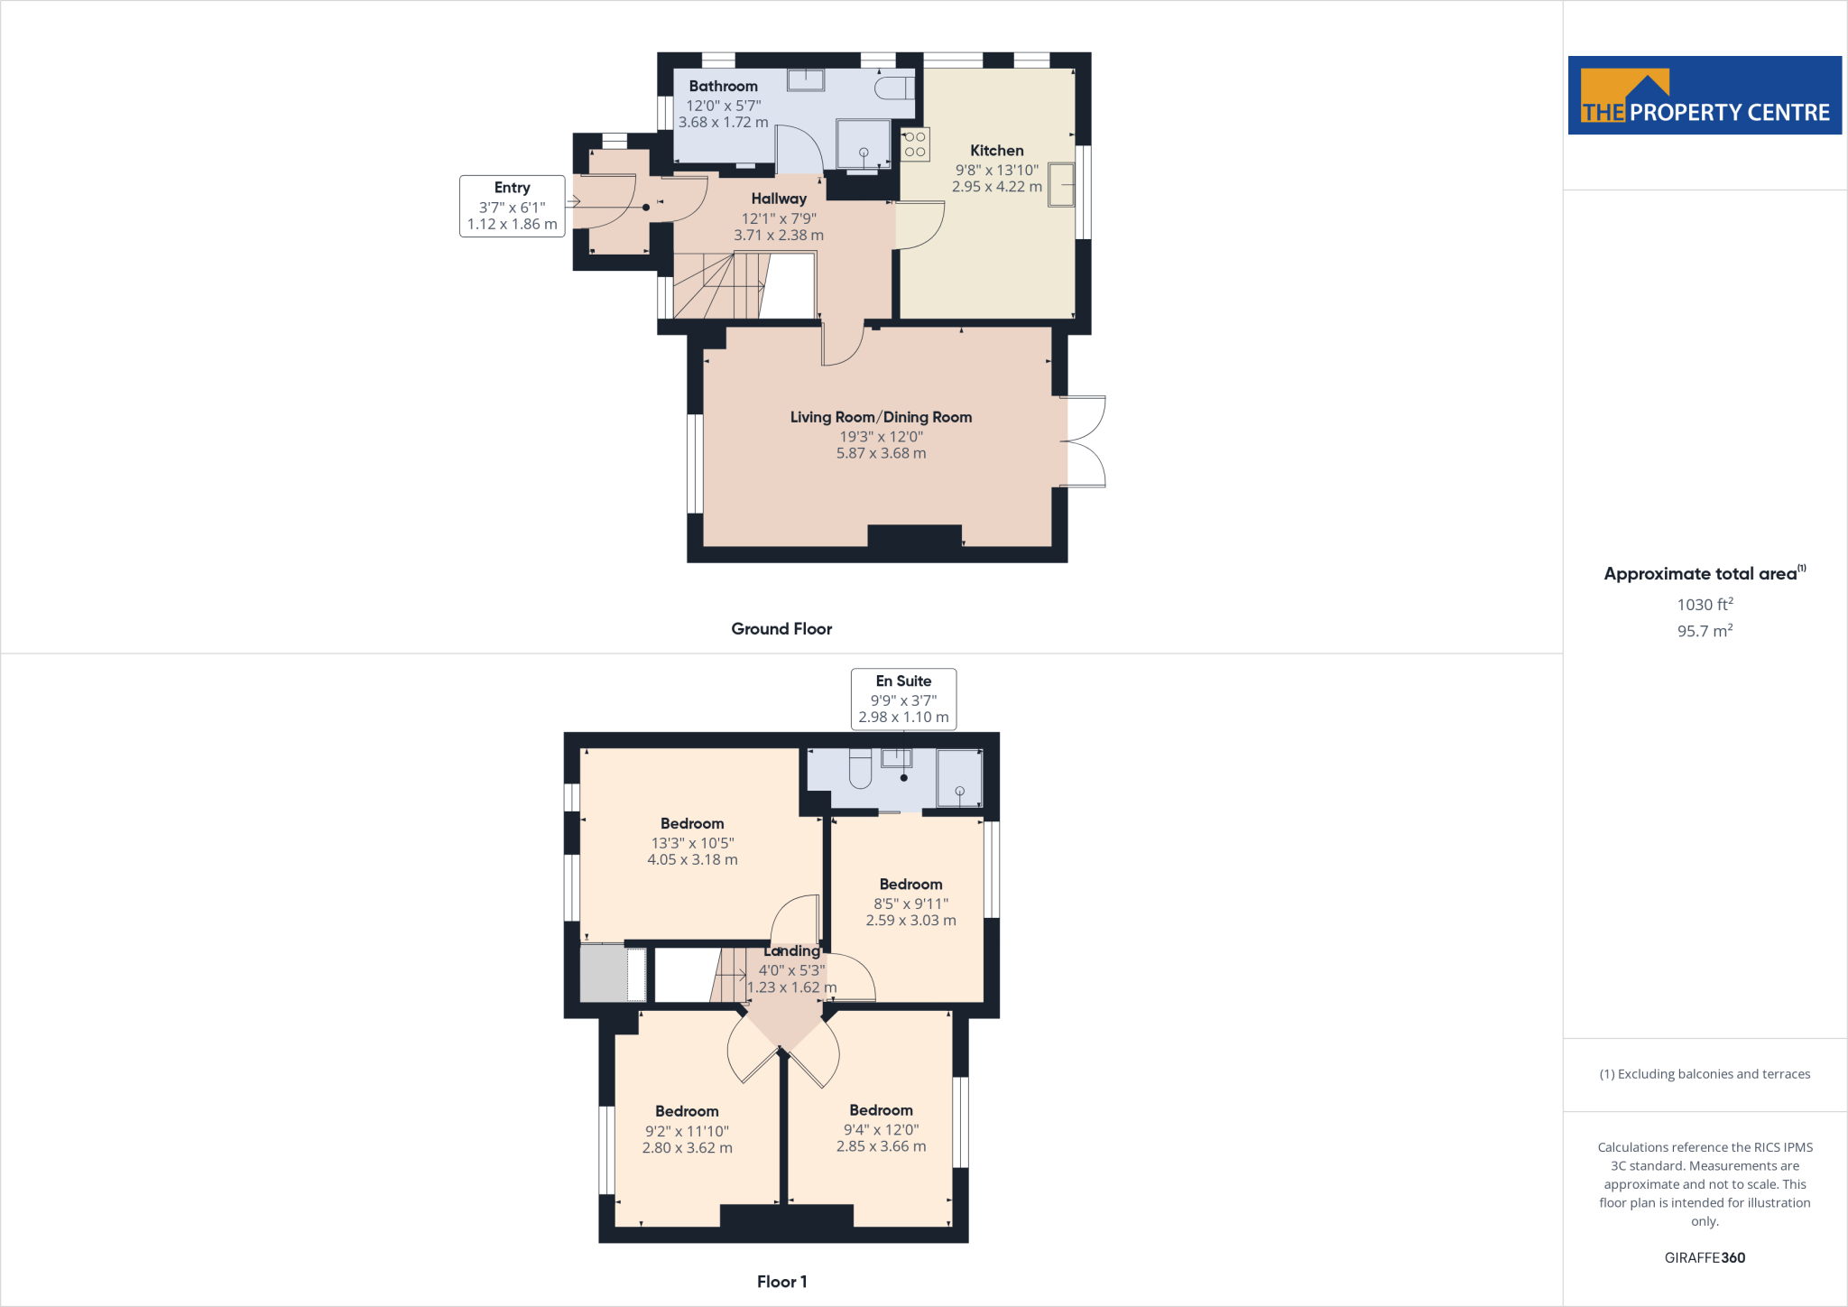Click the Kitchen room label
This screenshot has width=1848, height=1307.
coord(996,151)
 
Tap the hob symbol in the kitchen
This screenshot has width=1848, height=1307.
coord(915,144)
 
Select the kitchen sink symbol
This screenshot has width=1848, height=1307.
coord(1061,184)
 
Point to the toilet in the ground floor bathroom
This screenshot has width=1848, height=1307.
coord(893,88)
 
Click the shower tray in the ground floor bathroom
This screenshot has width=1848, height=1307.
coord(863,144)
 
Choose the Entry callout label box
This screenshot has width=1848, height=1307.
coord(512,206)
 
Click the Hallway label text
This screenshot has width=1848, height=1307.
coord(779,199)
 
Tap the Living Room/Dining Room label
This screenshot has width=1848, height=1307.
coord(881,417)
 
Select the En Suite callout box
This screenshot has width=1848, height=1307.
coord(903,699)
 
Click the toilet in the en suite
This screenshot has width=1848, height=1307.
coord(860,768)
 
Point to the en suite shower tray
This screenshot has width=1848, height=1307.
coord(959,777)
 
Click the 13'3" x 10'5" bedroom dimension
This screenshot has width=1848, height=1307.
coord(692,843)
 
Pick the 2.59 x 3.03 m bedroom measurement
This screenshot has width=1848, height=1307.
coord(910,921)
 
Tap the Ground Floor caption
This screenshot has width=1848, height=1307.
coord(781,629)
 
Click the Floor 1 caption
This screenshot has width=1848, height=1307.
coord(781,1282)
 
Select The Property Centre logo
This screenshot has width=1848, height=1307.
coord(1705,96)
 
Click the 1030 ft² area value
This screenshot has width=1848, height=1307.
coord(1705,605)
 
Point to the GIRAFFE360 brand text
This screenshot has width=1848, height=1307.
coord(1705,1257)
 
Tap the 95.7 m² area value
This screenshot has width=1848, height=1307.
coord(1705,631)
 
